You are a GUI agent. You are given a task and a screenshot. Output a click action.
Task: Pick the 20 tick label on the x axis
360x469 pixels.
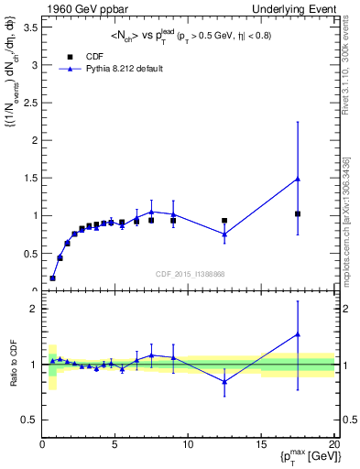pos(334,444)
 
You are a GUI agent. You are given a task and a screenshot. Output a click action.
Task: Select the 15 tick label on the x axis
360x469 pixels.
pos(261,444)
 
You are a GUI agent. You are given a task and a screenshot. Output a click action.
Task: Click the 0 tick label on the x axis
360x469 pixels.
pos(42,444)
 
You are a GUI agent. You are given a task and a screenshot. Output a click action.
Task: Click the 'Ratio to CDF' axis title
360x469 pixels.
pos(12,363)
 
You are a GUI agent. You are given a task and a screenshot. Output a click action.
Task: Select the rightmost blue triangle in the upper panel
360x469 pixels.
pos(298,179)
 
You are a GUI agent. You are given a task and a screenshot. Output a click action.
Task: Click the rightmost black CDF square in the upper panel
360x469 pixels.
pos(298,213)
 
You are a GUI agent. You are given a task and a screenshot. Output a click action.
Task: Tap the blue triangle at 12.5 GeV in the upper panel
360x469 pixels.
pos(224,234)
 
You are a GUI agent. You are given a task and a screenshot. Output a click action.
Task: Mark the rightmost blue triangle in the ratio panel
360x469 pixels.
pos(298,334)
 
